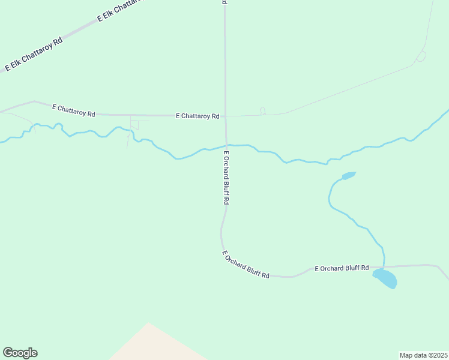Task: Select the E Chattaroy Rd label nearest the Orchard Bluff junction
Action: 197,116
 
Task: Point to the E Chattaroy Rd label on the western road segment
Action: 74,110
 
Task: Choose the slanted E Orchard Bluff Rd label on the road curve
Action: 246,265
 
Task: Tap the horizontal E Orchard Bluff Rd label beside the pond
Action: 342,268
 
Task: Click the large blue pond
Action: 385,278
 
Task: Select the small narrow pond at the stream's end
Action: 349,176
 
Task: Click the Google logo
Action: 20,353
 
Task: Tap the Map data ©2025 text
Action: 424,355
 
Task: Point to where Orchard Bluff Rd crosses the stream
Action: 226,146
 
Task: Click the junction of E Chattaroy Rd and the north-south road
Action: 226,116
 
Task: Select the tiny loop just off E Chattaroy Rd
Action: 262,111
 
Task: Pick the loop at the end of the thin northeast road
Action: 421,56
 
